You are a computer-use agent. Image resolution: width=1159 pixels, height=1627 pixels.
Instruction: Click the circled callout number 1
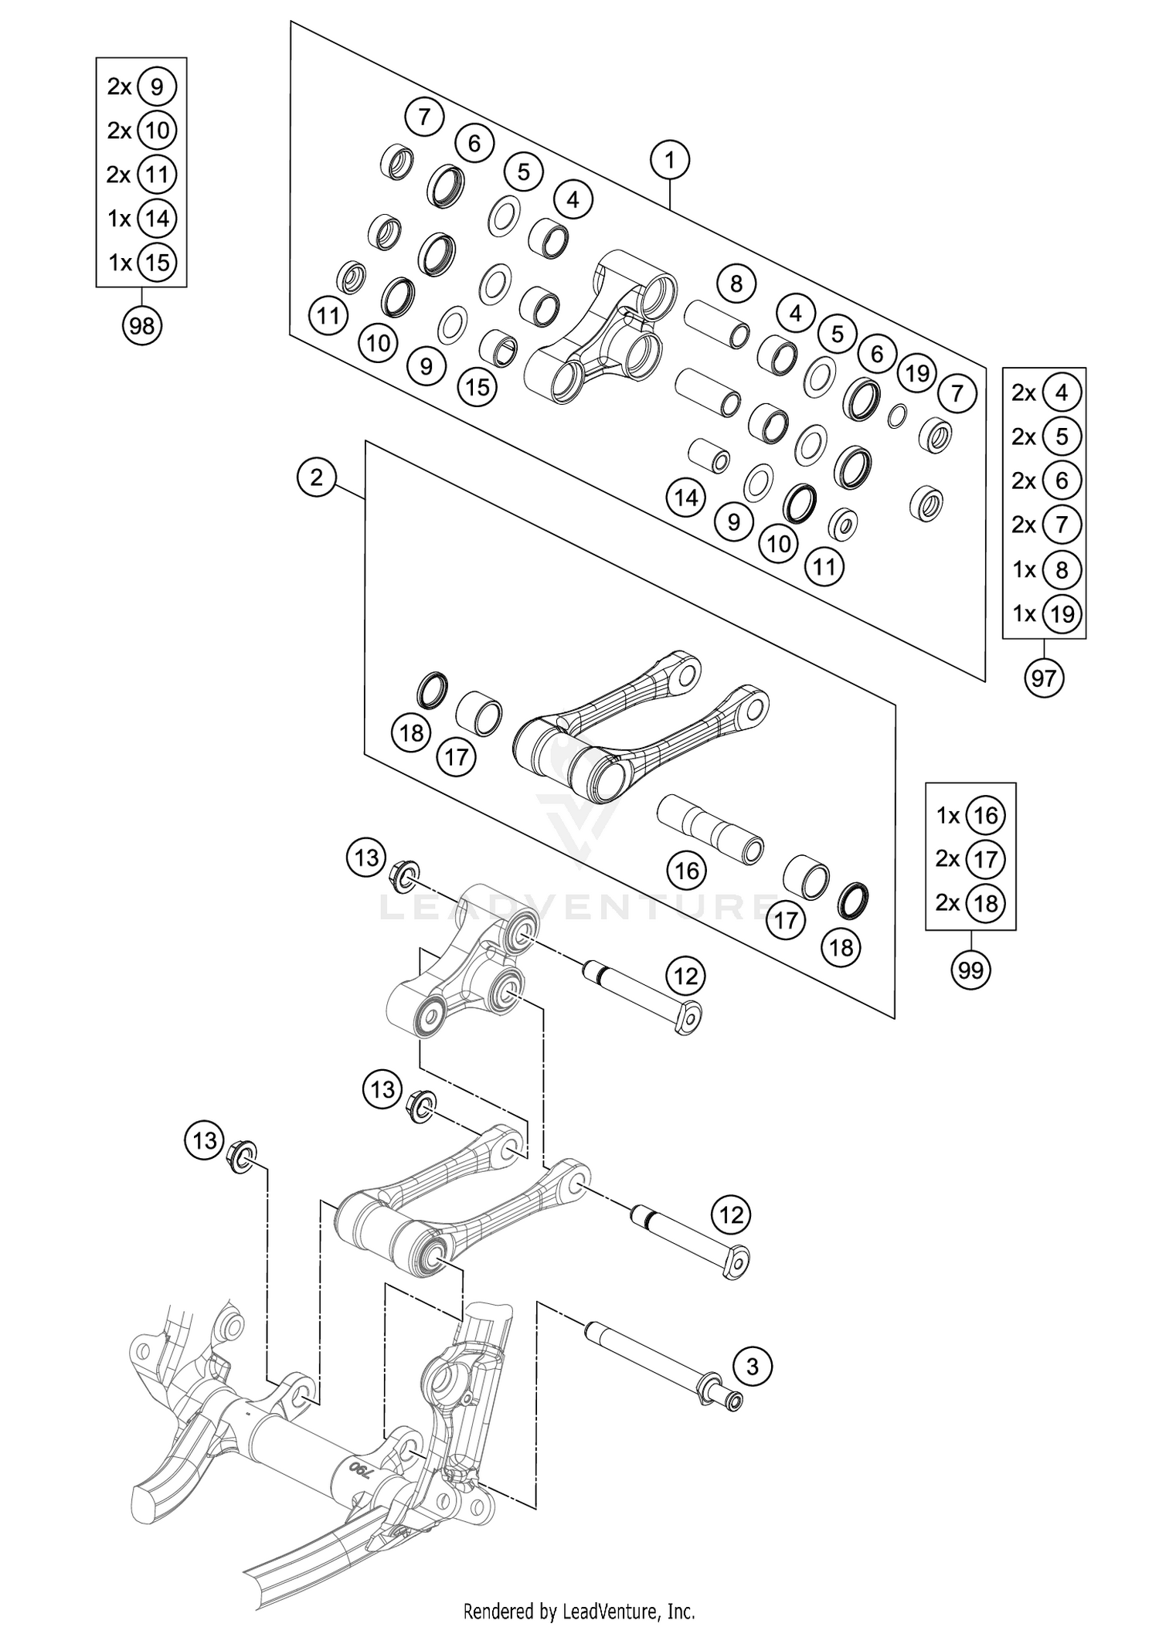coord(670,160)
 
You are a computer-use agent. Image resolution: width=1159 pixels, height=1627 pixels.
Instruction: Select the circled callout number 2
coord(317,477)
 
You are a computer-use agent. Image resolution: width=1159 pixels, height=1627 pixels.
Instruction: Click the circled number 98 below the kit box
coord(142,326)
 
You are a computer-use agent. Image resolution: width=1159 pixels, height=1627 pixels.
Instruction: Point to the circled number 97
coord(1044,678)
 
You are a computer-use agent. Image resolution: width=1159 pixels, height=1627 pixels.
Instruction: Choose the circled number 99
coord(970,970)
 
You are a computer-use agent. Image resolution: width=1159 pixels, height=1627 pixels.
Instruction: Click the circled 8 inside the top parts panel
coord(736,284)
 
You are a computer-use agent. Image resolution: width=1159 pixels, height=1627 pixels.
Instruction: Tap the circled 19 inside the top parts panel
coord(917,373)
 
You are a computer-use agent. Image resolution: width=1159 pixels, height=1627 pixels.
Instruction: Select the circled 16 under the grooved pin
coord(687,871)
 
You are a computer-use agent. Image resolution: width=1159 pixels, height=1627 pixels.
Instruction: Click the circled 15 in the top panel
coord(478,386)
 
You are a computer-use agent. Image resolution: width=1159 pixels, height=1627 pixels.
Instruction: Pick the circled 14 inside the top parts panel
coord(686,498)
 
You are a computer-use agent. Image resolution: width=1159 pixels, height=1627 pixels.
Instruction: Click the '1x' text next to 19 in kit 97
coord(1024,613)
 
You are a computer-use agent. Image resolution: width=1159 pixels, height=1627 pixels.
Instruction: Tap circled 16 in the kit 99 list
coord(986,815)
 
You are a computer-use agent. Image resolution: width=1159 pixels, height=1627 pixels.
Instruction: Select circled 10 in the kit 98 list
coord(157,130)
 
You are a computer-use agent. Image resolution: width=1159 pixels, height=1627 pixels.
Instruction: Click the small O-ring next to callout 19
coord(897,416)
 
